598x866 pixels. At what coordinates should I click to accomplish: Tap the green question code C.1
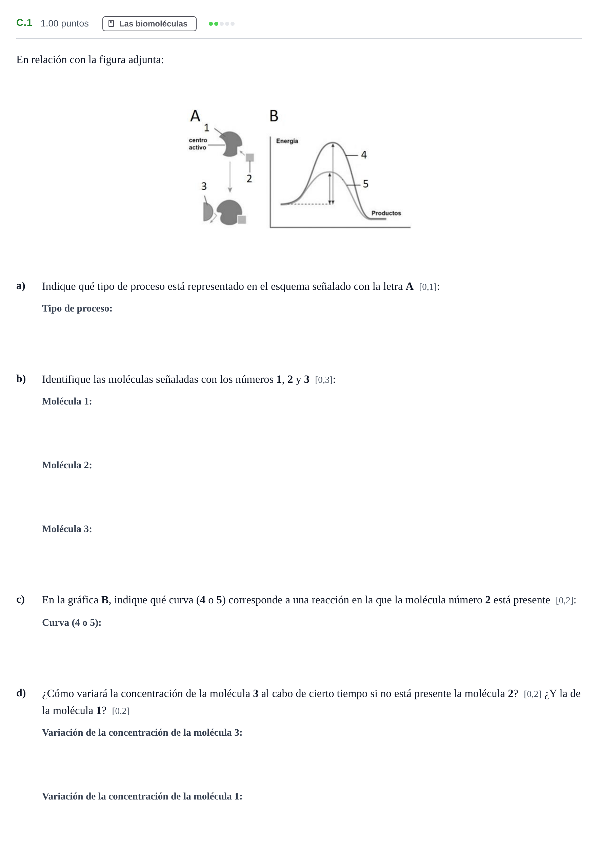pyautogui.click(x=24, y=23)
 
